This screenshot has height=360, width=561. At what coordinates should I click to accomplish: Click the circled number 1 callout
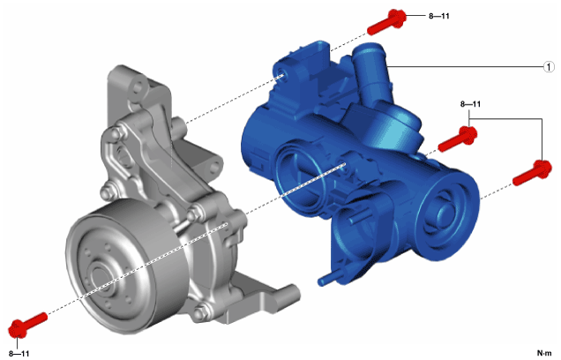(x=549, y=67)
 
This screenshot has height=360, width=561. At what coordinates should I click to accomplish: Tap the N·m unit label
(x=544, y=353)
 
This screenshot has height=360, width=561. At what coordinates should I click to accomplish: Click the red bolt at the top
(x=387, y=22)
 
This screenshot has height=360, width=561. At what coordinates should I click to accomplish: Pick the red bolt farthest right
(x=532, y=173)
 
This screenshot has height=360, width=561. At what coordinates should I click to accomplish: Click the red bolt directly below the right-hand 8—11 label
(x=458, y=139)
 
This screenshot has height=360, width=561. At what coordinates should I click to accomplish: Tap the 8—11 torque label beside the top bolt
(x=439, y=16)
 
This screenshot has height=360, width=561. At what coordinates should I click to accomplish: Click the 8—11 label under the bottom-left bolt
(x=19, y=354)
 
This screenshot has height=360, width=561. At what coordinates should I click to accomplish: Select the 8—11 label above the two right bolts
(x=470, y=104)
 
